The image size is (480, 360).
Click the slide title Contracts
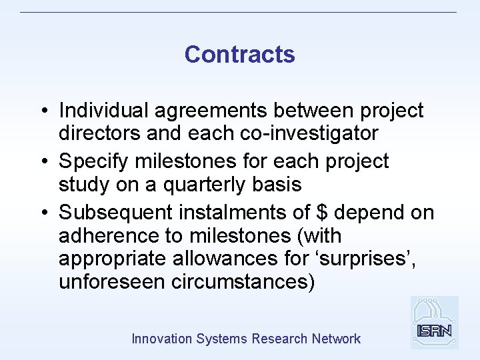click(x=239, y=54)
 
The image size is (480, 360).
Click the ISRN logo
click(x=434, y=323)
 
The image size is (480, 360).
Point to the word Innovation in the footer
click(x=162, y=339)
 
